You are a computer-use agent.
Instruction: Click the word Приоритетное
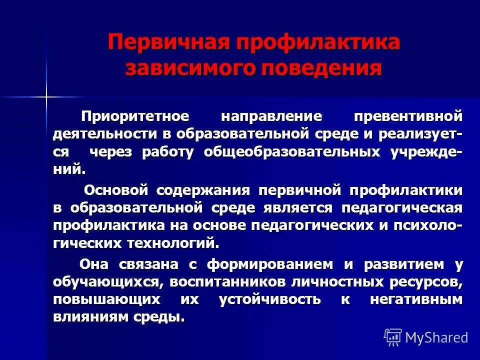135,116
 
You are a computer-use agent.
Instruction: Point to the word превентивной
407,116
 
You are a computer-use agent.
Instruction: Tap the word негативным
416,299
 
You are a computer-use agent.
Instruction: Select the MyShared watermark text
436,337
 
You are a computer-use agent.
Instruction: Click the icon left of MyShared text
392,337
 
